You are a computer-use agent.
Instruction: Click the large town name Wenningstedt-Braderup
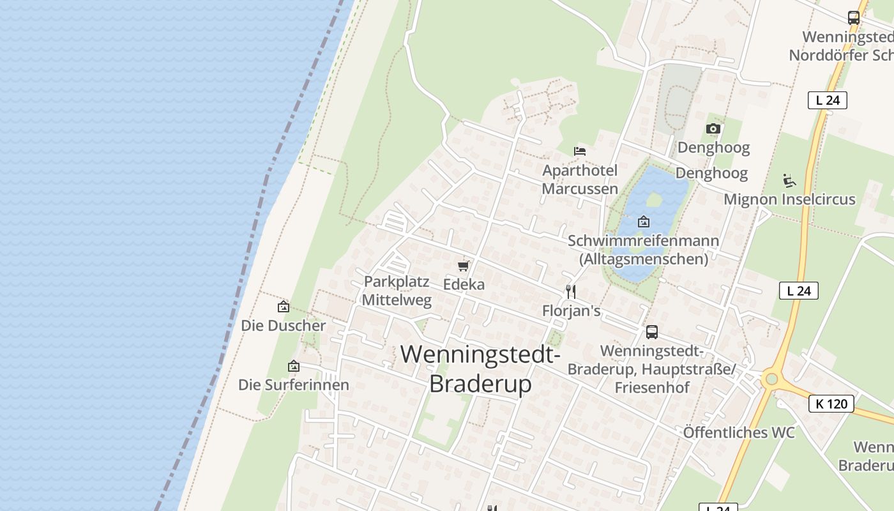pos(480,369)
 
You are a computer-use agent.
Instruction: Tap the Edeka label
pos(464,284)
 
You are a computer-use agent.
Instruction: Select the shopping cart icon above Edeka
pos(464,266)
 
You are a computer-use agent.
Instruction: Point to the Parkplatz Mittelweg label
pos(397,291)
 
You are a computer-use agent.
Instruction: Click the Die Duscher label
pos(283,325)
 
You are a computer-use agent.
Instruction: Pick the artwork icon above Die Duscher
pos(284,307)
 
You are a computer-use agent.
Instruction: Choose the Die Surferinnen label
pos(294,385)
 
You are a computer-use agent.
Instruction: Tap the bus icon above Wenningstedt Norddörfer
pos(854,18)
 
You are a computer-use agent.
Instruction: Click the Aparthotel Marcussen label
pos(580,179)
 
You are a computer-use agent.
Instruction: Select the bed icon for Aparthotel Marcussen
pos(580,151)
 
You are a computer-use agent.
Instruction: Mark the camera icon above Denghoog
pos(713,129)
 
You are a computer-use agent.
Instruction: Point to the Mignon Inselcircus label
pos(789,199)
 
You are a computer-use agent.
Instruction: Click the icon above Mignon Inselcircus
pos(789,181)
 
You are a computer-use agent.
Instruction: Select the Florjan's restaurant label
pos(572,311)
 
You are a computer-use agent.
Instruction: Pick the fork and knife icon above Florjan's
pos(571,292)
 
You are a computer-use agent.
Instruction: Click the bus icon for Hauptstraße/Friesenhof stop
pos(651,332)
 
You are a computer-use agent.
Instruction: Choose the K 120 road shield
pos(831,404)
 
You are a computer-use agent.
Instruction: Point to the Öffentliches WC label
pos(739,432)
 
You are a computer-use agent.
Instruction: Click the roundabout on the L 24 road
pos(771,379)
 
